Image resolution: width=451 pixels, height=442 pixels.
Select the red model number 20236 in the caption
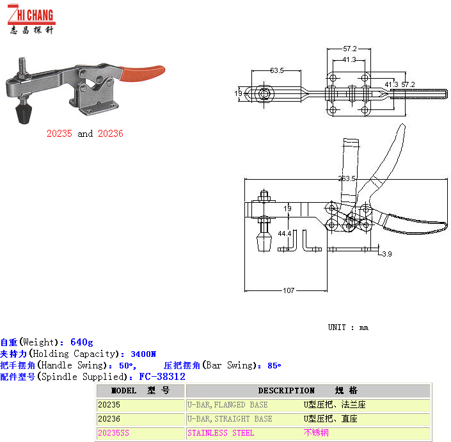coord(110,134)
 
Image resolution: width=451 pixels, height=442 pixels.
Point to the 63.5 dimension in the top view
coord(276,70)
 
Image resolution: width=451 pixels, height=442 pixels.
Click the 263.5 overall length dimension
coord(347,179)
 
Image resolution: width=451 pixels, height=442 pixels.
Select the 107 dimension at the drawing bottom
coord(289,290)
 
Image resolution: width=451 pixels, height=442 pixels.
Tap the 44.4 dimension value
coord(285,233)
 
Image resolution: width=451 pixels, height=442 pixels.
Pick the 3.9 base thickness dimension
coord(386,255)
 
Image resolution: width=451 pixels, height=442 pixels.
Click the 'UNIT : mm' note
coord(348,328)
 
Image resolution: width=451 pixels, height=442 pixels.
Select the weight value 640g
coord(81,342)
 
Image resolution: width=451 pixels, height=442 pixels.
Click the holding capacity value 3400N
coord(143,354)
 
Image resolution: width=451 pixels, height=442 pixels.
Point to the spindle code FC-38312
coord(162,377)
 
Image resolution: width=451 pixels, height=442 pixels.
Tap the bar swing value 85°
coord(274,365)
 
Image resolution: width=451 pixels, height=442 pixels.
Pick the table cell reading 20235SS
coord(113,433)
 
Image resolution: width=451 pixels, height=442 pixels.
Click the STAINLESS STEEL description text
coord(221,433)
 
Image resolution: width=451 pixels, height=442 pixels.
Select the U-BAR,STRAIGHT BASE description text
coord(229,419)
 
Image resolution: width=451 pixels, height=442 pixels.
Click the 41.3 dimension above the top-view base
coord(349,59)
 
